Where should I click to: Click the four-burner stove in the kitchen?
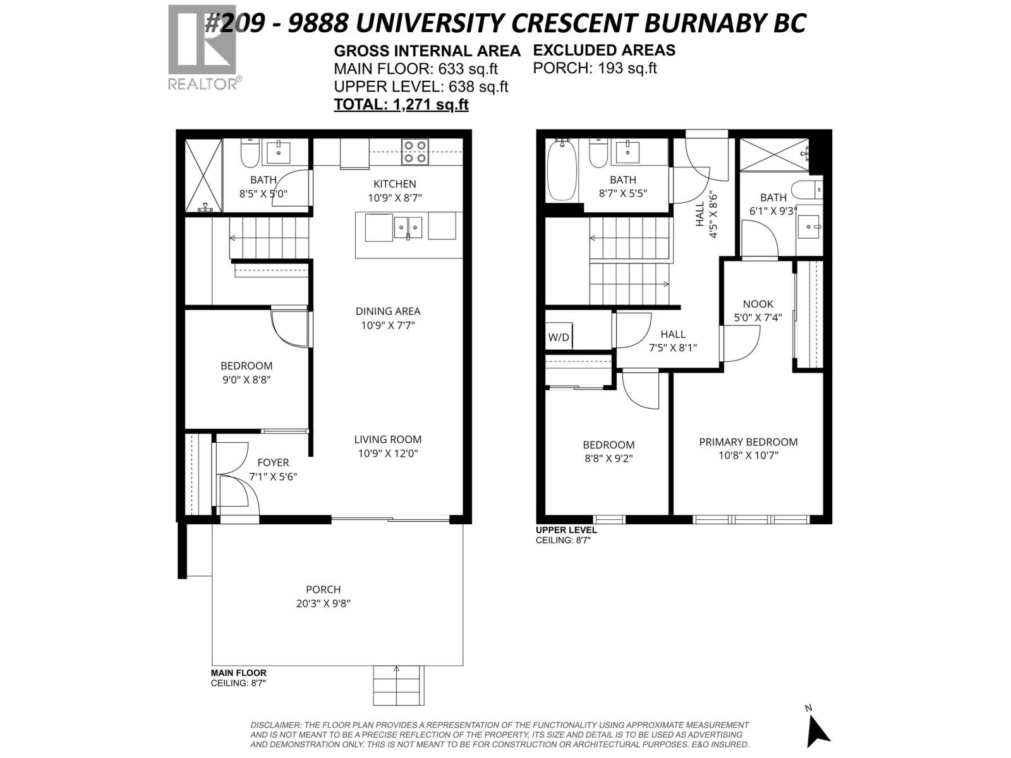coord(415,152)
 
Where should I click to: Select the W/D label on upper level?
coord(559,337)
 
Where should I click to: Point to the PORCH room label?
coord(323,589)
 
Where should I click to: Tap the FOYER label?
coord(273,462)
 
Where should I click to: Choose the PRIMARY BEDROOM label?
coord(748,442)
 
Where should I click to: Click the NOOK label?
coord(758,304)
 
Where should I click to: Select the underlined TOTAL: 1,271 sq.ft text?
coord(401,105)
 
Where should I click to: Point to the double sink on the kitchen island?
coord(408,227)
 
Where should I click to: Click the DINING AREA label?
coord(388,311)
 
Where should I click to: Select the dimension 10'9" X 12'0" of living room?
coord(388,454)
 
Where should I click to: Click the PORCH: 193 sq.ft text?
coord(595,68)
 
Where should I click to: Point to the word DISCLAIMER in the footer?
coord(275,725)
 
